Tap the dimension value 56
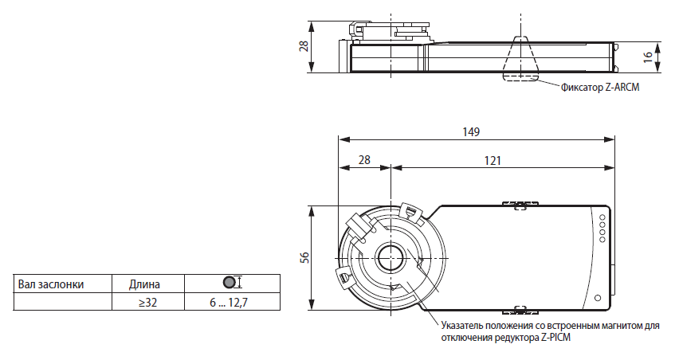click(304, 257)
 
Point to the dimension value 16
click(648, 57)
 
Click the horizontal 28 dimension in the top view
click(364, 161)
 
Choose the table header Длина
click(144, 284)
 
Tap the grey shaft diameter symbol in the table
click(229, 283)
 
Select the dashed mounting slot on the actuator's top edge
click(520, 205)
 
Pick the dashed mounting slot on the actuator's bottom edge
click(520, 309)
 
